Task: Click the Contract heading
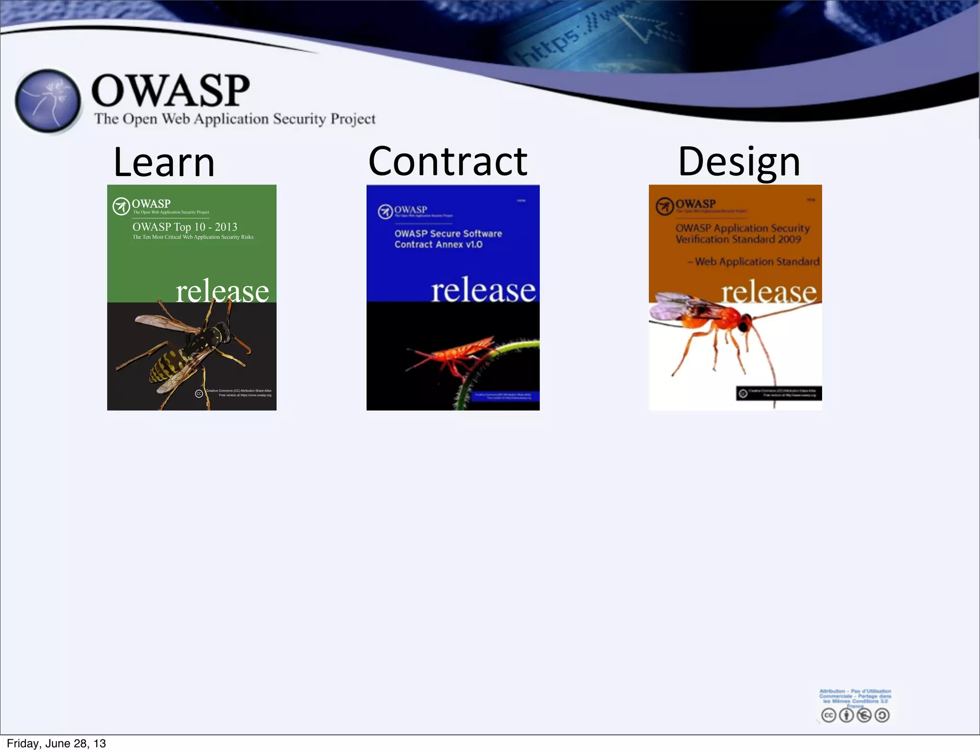447,162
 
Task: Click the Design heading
739,162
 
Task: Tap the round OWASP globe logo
47,101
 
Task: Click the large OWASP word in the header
170,90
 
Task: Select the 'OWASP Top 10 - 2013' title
185,227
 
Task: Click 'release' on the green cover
222,291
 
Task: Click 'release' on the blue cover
483,290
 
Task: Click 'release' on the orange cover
768,292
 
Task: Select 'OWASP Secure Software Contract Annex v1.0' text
448,239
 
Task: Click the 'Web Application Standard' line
756,262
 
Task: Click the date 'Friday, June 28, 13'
56,743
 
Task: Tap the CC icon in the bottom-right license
828,715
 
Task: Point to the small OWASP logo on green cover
121,206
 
